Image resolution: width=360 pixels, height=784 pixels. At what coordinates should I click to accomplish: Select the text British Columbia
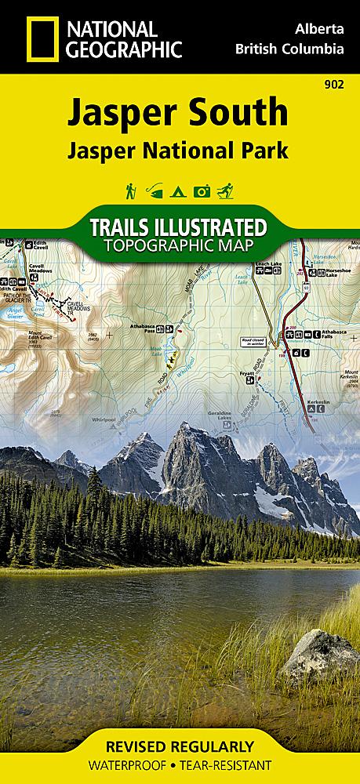289,49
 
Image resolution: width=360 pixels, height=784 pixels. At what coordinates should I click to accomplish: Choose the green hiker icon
127,191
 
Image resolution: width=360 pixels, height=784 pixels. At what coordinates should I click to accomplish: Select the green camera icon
202,191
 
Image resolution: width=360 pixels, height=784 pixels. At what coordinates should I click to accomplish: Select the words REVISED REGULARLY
180,746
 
